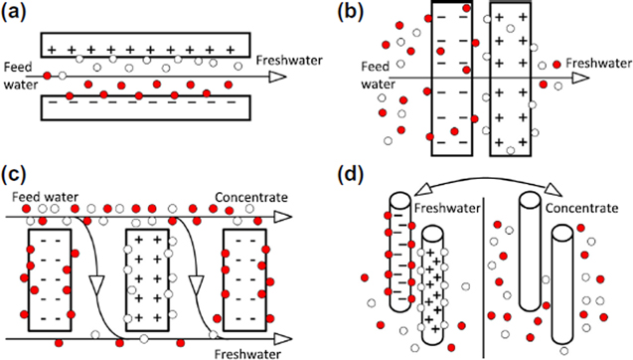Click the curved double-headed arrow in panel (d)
(482, 185)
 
